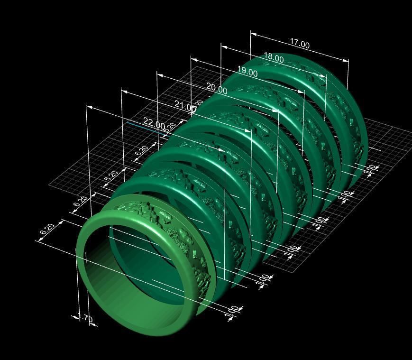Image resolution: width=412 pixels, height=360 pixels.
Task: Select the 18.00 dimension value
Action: pyautogui.click(x=274, y=58)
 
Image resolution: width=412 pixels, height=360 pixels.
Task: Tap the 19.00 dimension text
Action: pyautogui.click(x=247, y=72)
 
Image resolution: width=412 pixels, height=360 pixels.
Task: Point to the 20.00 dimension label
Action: pyautogui.click(x=216, y=88)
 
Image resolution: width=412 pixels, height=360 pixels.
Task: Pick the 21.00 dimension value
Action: pyautogui.click(x=184, y=105)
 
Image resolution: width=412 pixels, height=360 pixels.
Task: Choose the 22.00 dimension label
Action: pyautogui.click(x=153, y=125)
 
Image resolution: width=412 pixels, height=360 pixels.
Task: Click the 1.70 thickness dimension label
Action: pyautogui.click(x=85, y=318)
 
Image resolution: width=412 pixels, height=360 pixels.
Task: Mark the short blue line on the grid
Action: pyautogui.click(x=140, y=126)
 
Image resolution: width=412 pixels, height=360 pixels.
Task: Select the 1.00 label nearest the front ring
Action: pyautogui.click(x=232, y=311)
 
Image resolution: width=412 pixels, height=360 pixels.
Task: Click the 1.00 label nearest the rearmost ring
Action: pyautogui.click(x=370, y=167)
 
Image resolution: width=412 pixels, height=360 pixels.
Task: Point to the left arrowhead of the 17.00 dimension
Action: pyautogui.click(x=253, y=34)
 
